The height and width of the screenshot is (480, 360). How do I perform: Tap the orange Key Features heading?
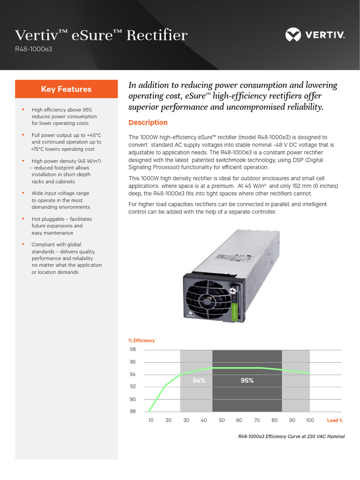pyautogui.click(x=66, y=89)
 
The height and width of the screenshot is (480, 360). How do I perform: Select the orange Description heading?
pyautogui.click(x=148, y=123)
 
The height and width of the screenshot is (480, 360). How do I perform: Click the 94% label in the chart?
pyautogui.click(x=199, y=381)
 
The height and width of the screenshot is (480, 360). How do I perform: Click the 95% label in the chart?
pyautogui.click(x=247, y=381)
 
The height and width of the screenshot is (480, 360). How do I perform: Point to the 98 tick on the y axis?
pyautogui.click(x=133, y=350)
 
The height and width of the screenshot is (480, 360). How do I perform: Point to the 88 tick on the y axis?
pyautogui.click(x=133, y=412)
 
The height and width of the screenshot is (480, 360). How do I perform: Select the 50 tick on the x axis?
pyautogui.click(x=222, y=420)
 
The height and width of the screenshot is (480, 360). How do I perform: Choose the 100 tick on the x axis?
pyautogui.click(x=309, y=420)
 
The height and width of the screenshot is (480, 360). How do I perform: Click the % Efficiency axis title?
pyautogui.click(x=142, y=340)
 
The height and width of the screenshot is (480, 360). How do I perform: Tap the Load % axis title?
pyautogui.click(x=335, y=420)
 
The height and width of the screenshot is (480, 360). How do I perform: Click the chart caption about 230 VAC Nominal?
pyautogui.click(x=291, y=436)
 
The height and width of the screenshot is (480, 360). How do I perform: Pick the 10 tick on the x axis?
pyautogui.click(x=151, y=420)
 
